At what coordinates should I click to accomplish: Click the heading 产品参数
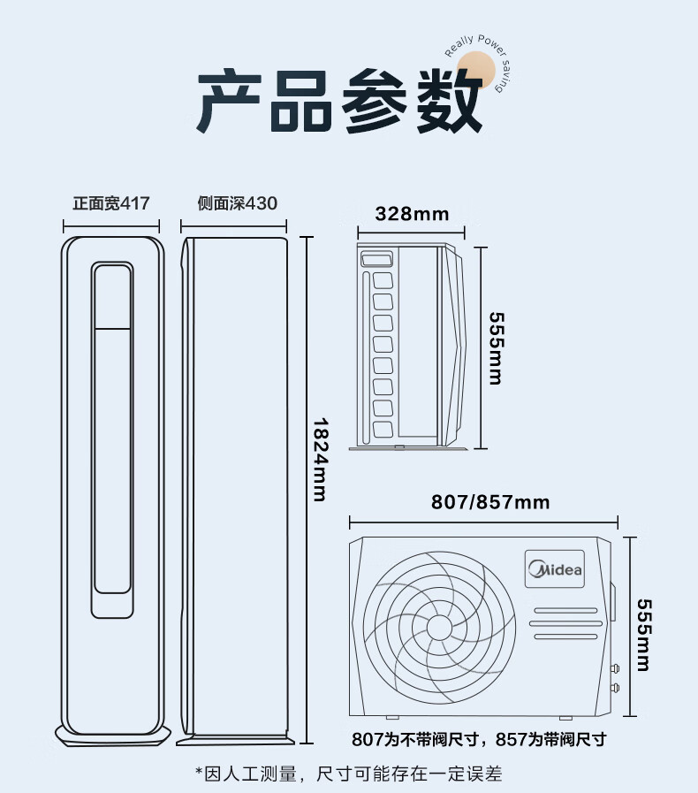coord(339,101)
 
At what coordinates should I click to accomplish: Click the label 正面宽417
coord(111,203)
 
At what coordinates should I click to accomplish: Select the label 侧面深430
coord(237,203)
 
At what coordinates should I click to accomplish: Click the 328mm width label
coord(412,214)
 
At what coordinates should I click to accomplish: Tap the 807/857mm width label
coord(490,502)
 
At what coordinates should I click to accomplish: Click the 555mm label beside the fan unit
coord(644,635)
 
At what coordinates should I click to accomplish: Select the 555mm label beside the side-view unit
coord(497,348)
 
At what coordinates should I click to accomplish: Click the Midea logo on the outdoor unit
coord(555,569)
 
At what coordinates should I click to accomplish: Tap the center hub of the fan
coord(439,628)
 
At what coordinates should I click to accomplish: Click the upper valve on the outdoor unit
coord(615,668)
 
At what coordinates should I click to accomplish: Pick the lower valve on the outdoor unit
coord(615,687)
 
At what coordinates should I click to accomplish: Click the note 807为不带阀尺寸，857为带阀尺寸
coord(479,739)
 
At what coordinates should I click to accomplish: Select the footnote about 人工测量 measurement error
coord(349,774)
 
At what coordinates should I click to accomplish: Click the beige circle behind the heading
coord(476,70)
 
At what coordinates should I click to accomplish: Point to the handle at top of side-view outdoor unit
coord(377,259)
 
